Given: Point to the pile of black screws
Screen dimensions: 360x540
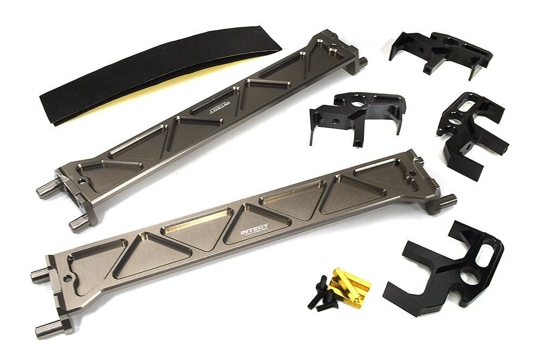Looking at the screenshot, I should (x=322, y=295).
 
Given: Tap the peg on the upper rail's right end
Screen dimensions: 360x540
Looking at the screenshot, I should (x=361, y=62).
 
